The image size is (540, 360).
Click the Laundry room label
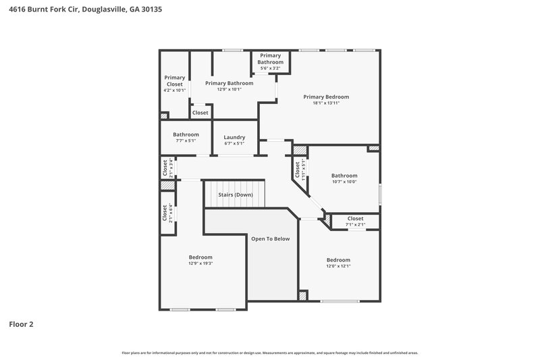[234, 137]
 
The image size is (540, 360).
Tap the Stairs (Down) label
[235, 195]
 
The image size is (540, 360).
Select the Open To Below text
[270, 238]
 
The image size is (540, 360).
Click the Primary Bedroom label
[325, 97]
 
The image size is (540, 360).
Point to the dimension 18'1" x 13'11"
[325, 103]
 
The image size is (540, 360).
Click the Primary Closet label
[174, 81]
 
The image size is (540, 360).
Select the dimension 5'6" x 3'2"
[270, 68]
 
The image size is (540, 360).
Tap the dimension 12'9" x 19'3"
[200, 263]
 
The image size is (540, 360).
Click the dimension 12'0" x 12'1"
[338, 266]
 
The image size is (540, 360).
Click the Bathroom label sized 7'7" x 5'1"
[186, 134]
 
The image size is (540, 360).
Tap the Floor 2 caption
[21, 324]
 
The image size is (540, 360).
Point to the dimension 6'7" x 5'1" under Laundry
[234, 143]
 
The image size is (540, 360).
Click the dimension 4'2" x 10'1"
[174, 91]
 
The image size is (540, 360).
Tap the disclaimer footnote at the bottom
[270, 353]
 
